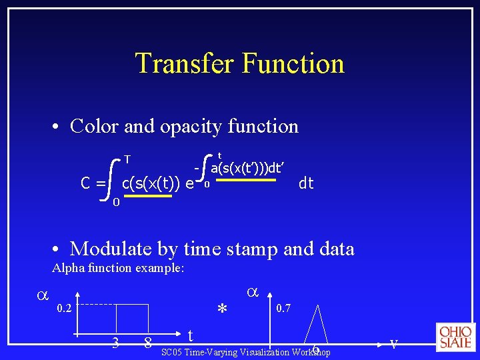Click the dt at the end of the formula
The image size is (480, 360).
tap(306, 183)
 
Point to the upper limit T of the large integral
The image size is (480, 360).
tap(127, 159)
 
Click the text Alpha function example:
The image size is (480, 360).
tap(117, 268)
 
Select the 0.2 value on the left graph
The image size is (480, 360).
tap(65, 308)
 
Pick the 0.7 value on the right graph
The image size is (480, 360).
tap(284, 308)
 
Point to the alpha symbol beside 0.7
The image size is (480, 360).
tap(252, 292)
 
